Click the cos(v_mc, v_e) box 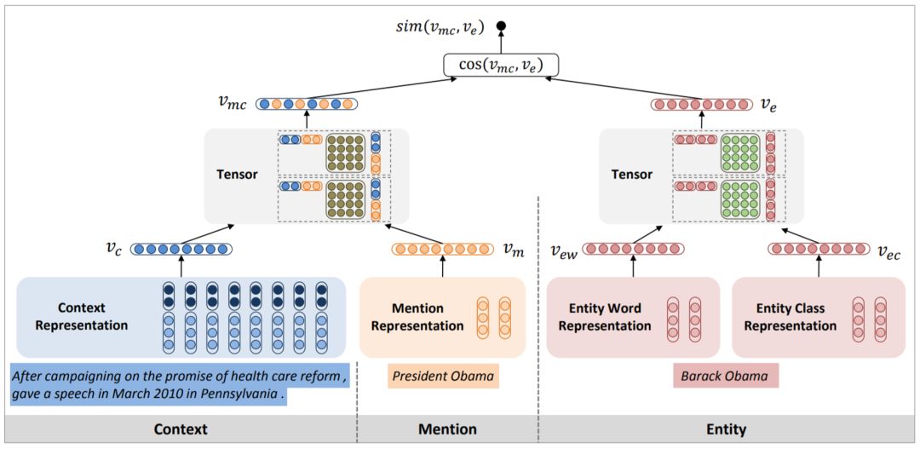click(501, 65)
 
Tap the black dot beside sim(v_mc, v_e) click(503, 27)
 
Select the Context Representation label click(93, 316)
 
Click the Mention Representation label click(417, 316)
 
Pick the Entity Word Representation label click(605, 316)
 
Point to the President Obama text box click(443, 376)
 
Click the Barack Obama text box click(725, 377)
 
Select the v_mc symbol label click(232, 104)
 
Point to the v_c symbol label click(113, 249)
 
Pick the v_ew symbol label click(562, 250)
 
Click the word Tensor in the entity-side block click(632, 174)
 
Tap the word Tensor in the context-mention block click(237, 174)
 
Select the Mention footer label click(447, 429)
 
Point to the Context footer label click(180, 429)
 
